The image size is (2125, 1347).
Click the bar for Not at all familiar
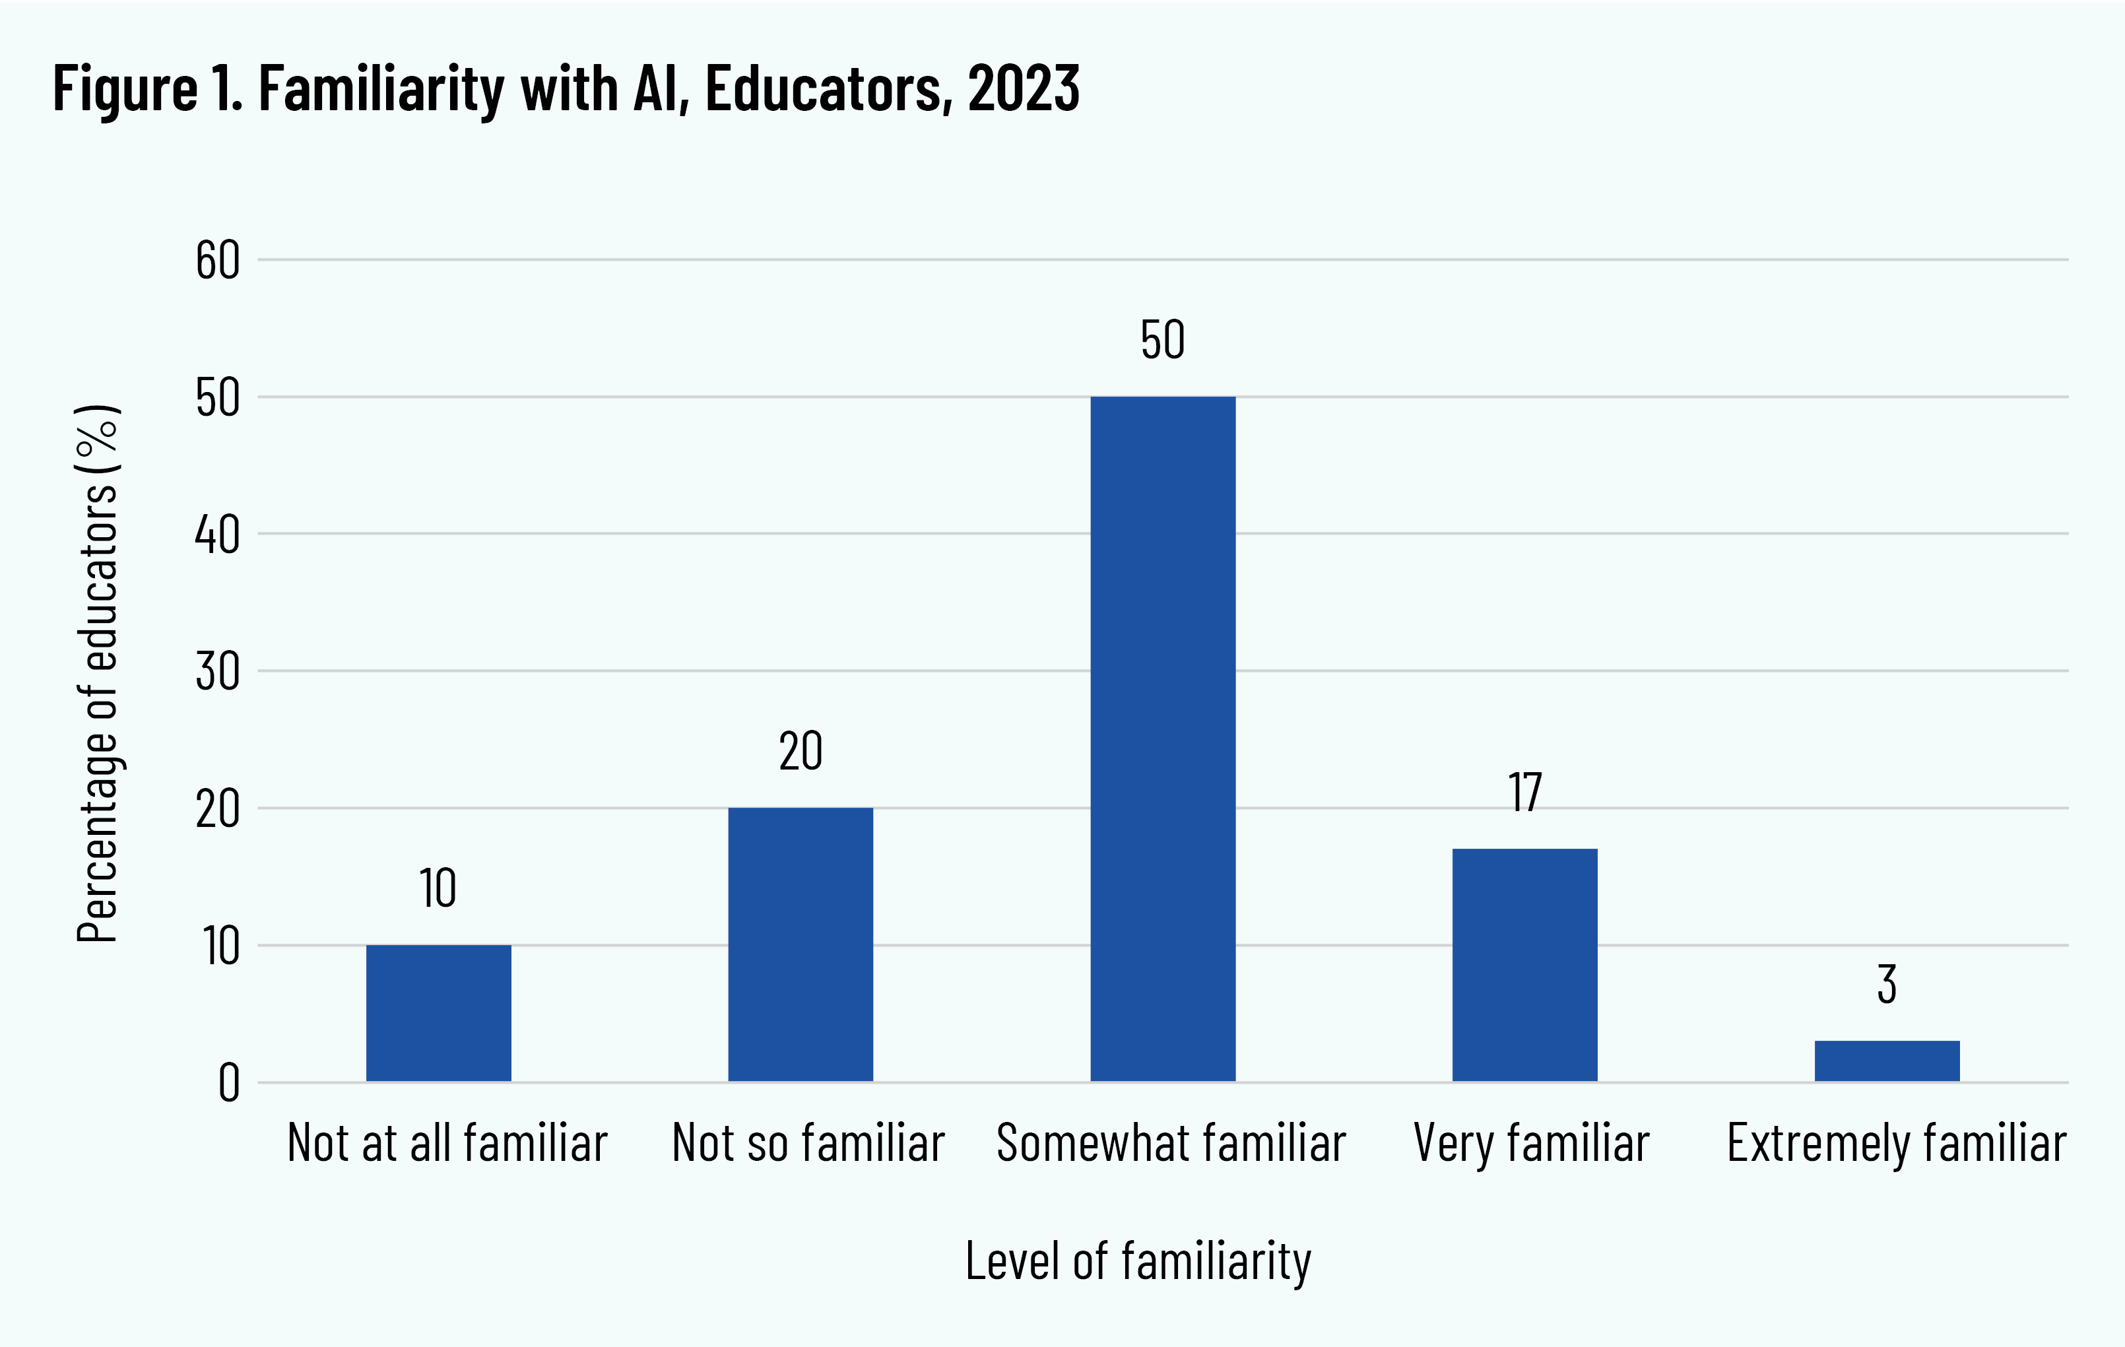click(x=439, y=1012)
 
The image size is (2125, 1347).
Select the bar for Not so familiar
click(x=801, y=944)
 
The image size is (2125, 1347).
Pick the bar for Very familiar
click(x=1525, y=964)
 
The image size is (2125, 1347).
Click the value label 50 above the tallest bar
click(x=1162, y=340)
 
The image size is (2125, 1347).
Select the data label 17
click(x=1525, y=792)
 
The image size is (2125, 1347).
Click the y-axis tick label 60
click(x=217, y=261)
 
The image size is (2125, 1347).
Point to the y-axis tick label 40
click(x=217, y=535)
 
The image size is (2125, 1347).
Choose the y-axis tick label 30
click(x=217, y=672)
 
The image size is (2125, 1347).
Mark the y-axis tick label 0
click(x=228, y=1083)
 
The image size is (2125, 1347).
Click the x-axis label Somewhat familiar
click(x=1171, y=1143)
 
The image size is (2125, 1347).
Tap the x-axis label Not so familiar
click(x=808, y=1143)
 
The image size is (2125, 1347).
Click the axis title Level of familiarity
click(x=1138, y=1261)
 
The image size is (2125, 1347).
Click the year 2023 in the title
click(x=1023, y=88)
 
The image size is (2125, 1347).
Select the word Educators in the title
click(x=829, y=88)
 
